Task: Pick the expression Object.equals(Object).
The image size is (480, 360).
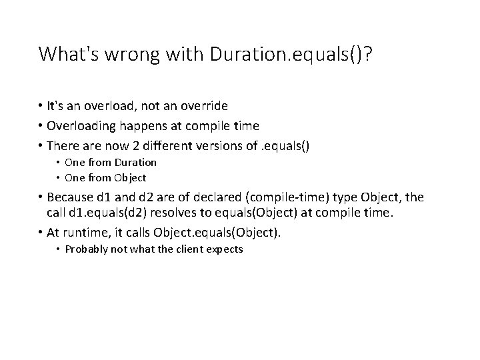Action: coord(217,233)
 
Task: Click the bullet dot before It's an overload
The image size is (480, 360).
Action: coord(41,106)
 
